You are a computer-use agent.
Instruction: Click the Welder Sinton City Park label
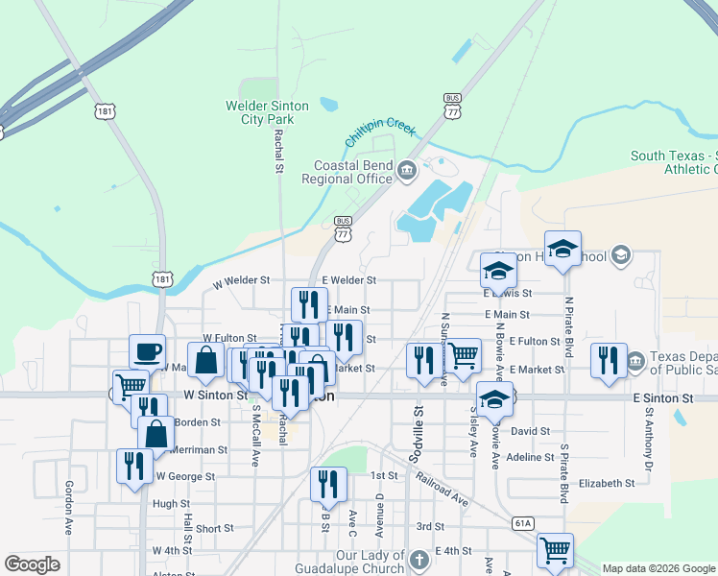[267, 112]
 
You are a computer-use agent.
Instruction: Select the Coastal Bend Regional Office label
[347, 172]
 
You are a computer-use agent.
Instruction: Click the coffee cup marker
[147, 352]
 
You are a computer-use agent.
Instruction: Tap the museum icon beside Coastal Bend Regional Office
[406, 172]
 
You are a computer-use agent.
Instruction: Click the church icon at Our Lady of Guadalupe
[419, 559]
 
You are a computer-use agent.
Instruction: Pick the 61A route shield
[523, 523]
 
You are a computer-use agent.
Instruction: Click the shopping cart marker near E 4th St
[555, 550]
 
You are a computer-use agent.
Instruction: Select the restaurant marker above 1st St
[328, 485]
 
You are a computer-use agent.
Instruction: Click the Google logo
[32, 564]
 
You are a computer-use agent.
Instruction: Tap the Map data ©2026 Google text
[658, 568]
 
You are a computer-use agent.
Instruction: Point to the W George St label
[184, 476]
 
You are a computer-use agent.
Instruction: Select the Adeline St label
[530, 458]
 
